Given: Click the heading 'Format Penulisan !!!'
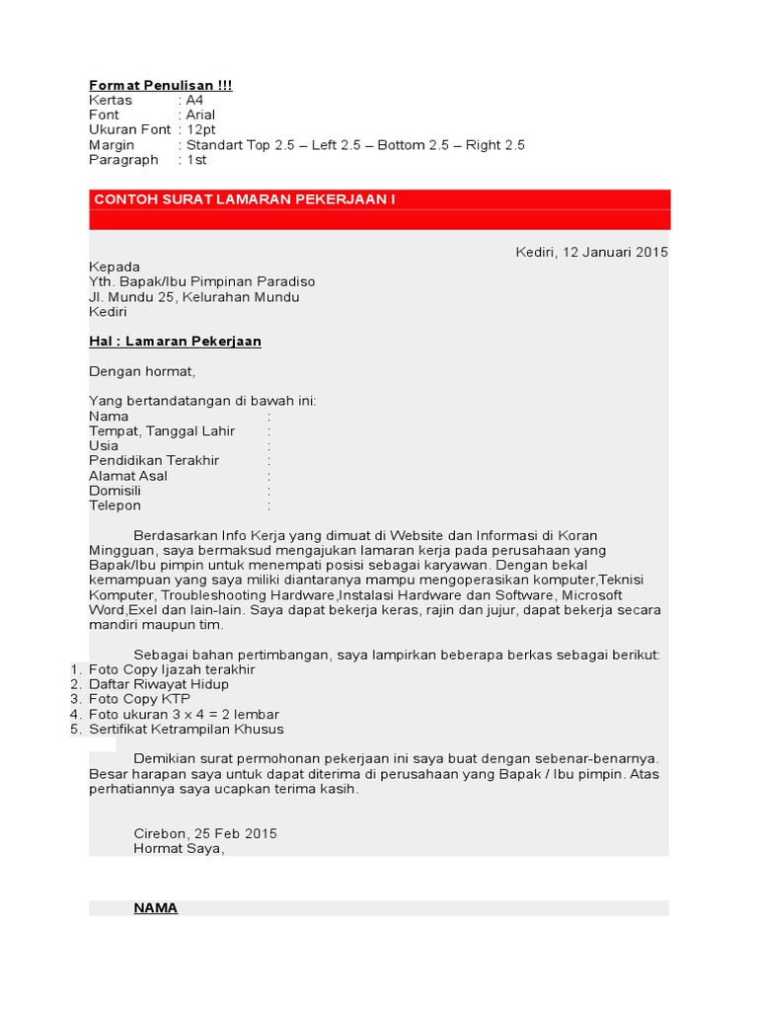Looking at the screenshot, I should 161,86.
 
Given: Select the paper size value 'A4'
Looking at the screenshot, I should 196,101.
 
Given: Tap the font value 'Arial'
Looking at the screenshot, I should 200,116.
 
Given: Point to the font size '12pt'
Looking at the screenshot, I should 201,130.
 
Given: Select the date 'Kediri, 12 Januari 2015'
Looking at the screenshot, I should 591,252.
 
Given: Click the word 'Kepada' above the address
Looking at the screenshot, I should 114,267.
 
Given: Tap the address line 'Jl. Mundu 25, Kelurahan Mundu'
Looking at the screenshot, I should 194,296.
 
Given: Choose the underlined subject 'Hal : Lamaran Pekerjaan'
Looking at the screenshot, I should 175,342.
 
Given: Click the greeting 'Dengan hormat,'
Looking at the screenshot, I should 142,371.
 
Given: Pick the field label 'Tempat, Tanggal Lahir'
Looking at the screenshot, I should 162,430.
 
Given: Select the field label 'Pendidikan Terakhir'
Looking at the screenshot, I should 154,460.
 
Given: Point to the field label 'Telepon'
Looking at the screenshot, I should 114,505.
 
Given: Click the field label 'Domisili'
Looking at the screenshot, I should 114,491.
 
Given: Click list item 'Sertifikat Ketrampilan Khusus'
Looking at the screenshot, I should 186,729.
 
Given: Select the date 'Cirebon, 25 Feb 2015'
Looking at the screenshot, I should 205,833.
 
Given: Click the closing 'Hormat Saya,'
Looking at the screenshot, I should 179,848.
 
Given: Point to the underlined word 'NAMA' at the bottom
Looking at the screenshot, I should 156,908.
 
